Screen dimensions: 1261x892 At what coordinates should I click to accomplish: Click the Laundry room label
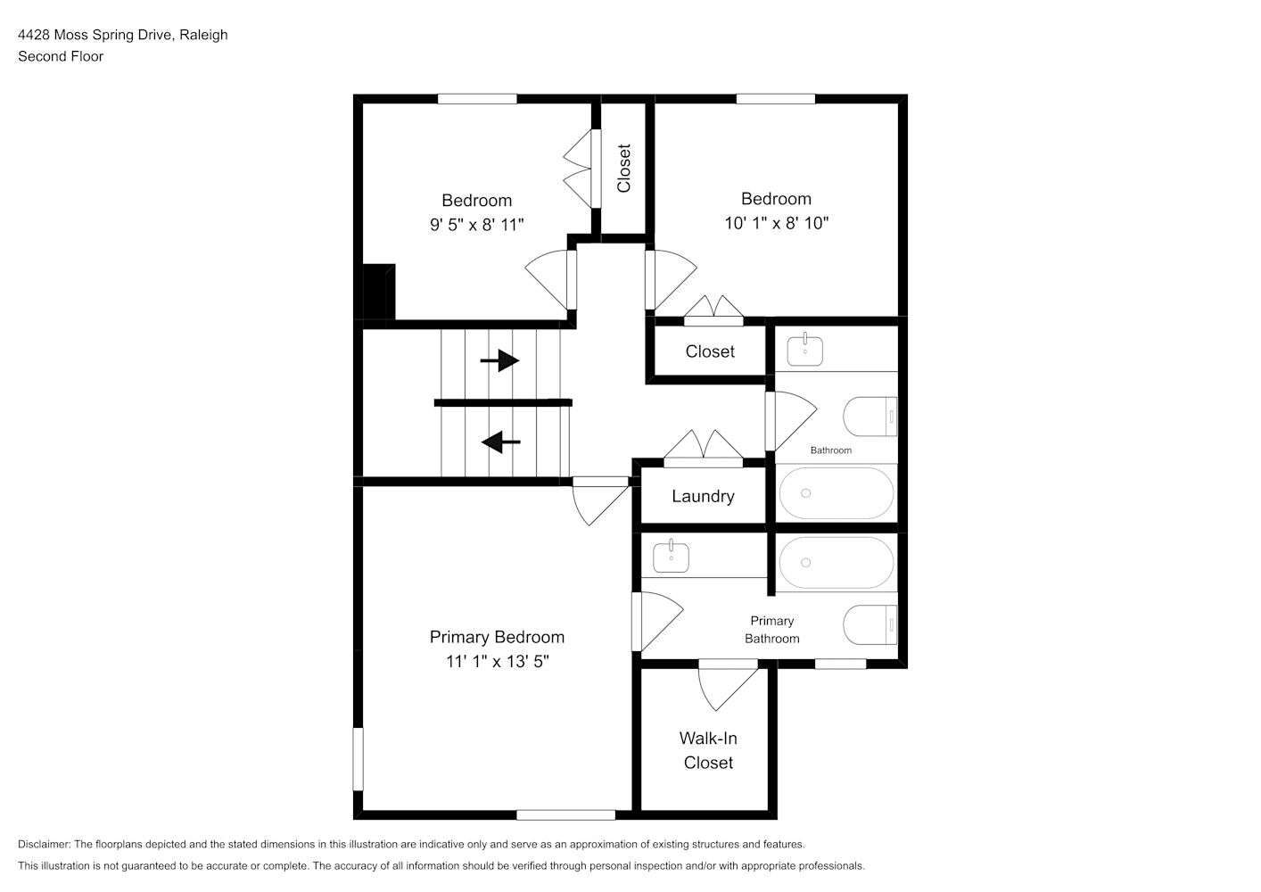pos(703,496)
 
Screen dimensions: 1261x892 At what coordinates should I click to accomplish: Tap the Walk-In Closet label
pos(708,750)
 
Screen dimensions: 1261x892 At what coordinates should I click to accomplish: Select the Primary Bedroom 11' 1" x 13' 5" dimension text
pos(497,648)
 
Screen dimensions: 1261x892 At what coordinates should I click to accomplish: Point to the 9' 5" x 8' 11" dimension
pos(477,225)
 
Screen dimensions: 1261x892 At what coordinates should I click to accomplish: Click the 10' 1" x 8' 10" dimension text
pos(776,223)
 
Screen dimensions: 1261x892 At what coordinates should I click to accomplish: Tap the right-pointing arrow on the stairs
pos(500,360)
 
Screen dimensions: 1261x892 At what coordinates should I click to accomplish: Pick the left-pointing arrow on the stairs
pos(501,442)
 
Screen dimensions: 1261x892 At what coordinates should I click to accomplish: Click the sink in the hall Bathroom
pos(805,350)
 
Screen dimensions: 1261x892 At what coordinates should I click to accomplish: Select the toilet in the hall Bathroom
pos(870,417)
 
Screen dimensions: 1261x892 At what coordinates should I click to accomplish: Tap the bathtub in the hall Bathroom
pos(836,493)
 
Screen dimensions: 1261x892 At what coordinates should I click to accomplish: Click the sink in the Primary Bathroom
pos(671,557)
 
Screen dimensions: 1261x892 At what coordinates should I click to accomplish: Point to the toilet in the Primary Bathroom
pos(870,624)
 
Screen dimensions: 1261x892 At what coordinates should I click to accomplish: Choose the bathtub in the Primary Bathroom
pos(836,563)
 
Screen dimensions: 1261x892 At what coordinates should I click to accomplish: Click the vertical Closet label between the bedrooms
pos(623,169)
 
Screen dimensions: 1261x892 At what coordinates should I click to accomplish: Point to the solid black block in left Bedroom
pos(379,292)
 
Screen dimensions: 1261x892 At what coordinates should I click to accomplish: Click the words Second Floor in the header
pos(61,56)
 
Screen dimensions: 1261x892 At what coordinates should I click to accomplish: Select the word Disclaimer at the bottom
pos(44,844)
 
